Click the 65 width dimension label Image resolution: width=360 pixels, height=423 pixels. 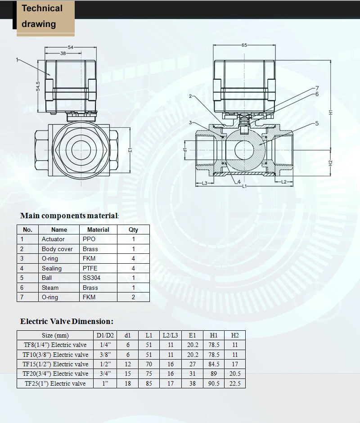click(244, 45)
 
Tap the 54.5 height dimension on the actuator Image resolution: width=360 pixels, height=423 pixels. click(38, 86)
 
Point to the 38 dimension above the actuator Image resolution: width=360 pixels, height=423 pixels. click(63, 53)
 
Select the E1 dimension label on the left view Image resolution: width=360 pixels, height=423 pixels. click(130, 150)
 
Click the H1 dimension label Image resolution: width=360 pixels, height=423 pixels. click(331, 112)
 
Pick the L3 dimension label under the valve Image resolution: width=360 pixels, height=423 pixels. click(205, 184)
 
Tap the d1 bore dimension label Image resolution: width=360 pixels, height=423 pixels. click(185, 150)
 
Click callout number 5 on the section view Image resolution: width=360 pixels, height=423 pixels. click(317, 123)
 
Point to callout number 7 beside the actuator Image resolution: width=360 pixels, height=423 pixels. click(317, 88)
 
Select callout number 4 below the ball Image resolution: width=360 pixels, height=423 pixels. click(239, 182)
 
